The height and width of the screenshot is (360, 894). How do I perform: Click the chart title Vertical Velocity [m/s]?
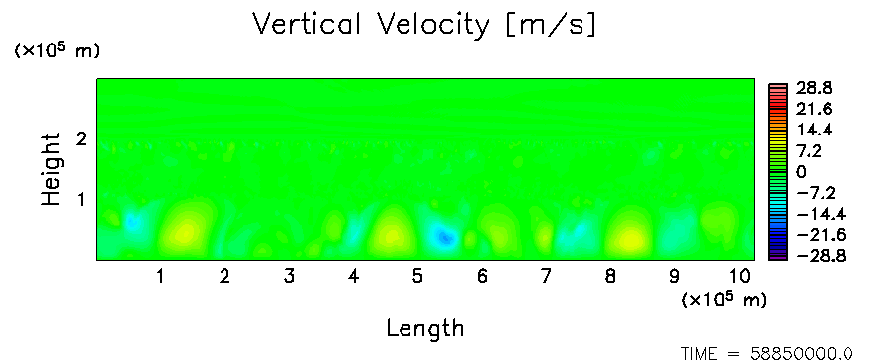[424, 25]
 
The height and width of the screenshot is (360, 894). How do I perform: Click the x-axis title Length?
[425, 328]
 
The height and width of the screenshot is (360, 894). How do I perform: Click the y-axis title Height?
[50, 169]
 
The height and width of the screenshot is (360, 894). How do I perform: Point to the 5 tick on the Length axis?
[418, 277]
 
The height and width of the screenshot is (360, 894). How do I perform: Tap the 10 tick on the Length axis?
[739, 277]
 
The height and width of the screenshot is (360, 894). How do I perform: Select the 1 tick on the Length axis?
[161, 277]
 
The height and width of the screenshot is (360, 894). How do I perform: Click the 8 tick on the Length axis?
[610, 277]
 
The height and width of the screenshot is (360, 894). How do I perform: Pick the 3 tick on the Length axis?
[289, 277]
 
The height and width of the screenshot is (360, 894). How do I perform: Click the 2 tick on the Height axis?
[81, 138]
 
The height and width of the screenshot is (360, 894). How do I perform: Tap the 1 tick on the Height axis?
[81, 200]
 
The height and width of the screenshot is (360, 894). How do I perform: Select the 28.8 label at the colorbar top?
[816, 88]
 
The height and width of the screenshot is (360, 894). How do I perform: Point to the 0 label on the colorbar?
[802, 172]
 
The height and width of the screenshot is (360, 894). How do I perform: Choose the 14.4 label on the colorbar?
[816, 131]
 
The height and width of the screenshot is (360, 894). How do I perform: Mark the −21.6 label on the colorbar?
[821, 235]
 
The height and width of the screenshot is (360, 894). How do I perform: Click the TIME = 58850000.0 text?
[766, 353]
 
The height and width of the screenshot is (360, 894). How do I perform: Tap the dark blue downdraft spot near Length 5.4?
[444, 237]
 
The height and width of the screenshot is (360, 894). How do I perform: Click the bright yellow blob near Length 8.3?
[630, 239]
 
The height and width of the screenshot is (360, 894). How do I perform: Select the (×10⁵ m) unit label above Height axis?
[57, 50]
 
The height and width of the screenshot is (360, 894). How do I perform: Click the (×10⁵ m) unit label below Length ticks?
[725, 299]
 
